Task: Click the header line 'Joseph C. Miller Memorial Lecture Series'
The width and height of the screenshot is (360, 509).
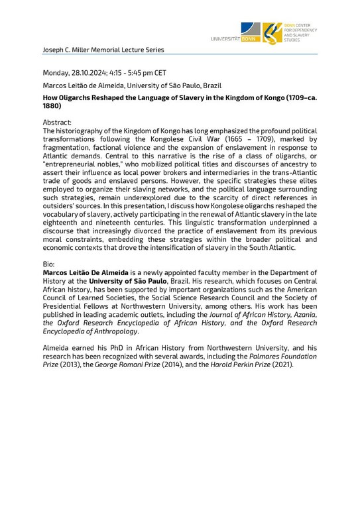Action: [x=103, y=50]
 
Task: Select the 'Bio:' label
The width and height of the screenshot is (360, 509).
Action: [x=48, y=263]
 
